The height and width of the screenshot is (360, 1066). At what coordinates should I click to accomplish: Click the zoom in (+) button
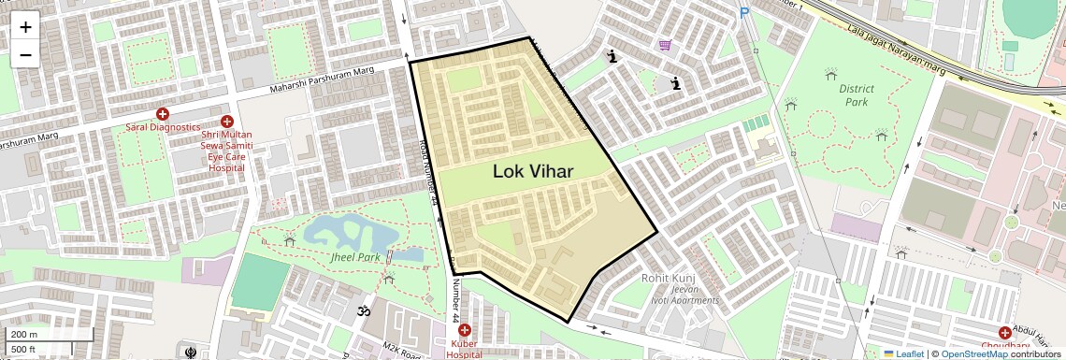coord(25,27)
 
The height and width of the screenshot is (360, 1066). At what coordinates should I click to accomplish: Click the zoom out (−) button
coord(25,54)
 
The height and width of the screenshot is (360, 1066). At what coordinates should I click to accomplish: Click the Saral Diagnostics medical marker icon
coord(163,113)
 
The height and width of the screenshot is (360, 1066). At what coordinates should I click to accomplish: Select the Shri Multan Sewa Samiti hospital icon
coord(226,122)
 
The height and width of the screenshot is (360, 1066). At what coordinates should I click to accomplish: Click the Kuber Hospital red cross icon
coord(464,330)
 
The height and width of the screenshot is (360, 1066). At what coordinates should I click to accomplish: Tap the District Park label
coord(856,94)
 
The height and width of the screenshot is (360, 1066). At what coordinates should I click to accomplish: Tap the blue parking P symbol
coord(744,13)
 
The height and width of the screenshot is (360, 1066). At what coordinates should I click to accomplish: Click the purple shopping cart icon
coord(665,44)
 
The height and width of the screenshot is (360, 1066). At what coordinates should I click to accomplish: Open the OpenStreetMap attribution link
coord(974,353)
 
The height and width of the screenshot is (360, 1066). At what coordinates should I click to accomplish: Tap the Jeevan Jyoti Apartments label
coord(690,295)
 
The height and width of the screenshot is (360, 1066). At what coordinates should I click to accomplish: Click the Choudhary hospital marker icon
coord(1004,332)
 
